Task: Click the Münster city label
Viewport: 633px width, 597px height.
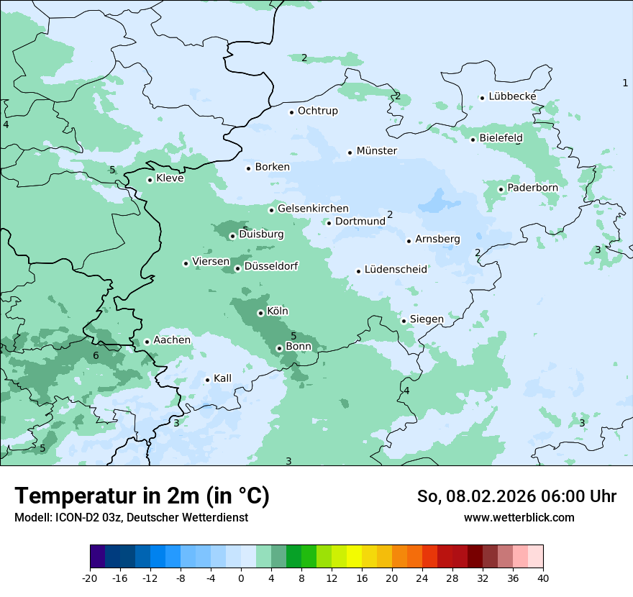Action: tap(376, 151)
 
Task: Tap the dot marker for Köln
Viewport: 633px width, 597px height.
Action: tap(260, 313)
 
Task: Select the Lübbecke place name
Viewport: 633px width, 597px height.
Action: tap(512, 96)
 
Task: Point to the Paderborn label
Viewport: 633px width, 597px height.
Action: tap(532, 188)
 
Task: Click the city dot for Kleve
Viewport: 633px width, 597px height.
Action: tap(150, 180)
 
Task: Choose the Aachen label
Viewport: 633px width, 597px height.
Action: tap(172, 340)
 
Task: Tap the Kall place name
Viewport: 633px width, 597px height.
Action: tap(222, 378)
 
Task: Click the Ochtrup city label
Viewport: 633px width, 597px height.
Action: tap(317, 111)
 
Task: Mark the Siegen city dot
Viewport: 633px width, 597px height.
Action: tap(404, 321)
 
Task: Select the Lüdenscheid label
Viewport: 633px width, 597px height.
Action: tap(396, 270)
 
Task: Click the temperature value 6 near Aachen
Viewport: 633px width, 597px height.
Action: tap(96, 355)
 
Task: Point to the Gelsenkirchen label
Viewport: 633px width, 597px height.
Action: tap(313, 209)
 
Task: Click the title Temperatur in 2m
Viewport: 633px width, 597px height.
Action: tap(142, 496)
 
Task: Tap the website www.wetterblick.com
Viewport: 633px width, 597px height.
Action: tap(519, 517)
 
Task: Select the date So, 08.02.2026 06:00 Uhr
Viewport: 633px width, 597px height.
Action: tap(516, 496)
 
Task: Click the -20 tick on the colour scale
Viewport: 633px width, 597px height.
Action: tap(90, 578)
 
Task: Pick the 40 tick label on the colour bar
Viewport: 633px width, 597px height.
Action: tap(543, 578)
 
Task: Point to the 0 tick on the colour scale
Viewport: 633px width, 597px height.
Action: tap(241, 578)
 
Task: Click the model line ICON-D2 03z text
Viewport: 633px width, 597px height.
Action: tap(131, 517)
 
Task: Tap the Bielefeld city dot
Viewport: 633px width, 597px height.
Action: tap(473, 139)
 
